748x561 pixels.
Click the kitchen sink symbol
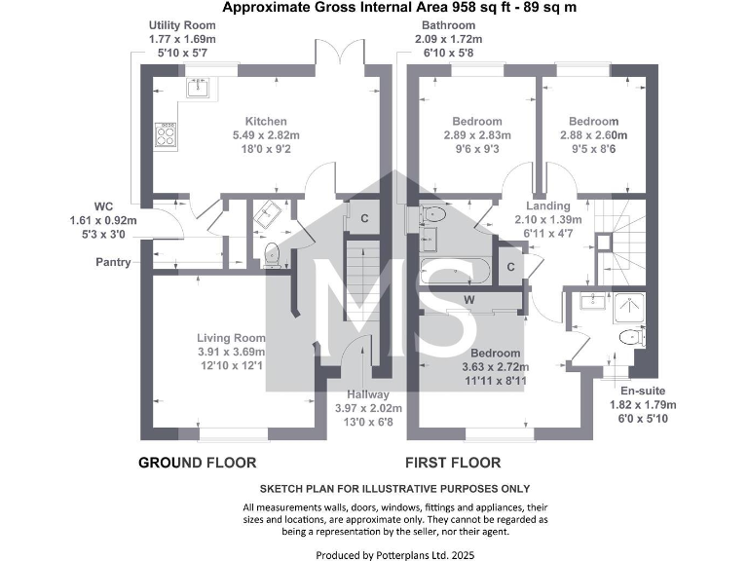click(200, 88)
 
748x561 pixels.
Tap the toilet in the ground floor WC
click(272, 253)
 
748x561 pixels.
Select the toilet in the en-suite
click(630, 338)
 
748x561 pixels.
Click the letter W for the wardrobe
click(468, 299)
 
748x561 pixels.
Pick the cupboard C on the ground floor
click(364, 218)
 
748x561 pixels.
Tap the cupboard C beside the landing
click(510, 266)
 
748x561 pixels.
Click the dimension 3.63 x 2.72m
click(495, 367)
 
